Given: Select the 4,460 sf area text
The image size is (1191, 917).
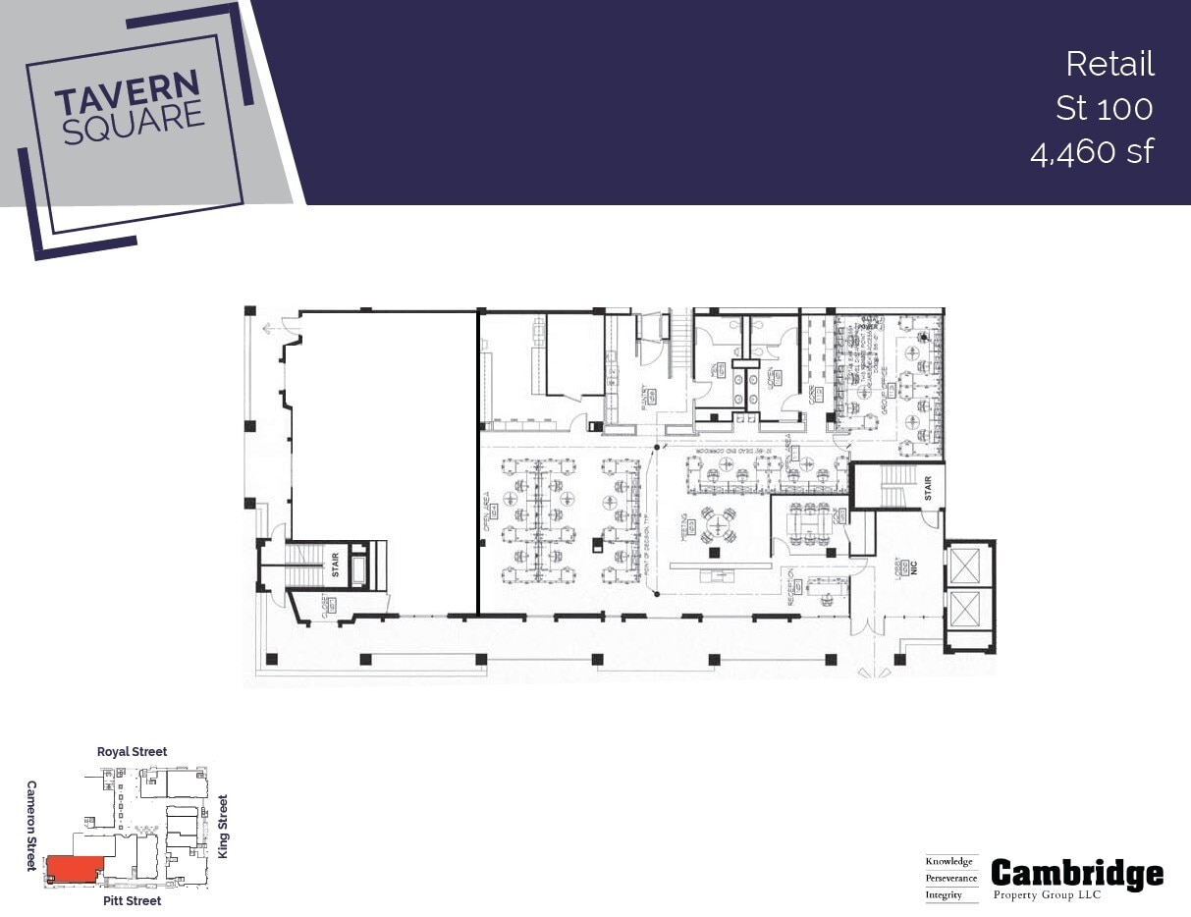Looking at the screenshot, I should [1092, 151].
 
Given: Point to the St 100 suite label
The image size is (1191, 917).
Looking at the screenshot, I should [1104, 107].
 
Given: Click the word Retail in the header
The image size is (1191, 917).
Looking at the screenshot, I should [1110, 64].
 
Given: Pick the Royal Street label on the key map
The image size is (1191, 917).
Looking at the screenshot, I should [132, 751].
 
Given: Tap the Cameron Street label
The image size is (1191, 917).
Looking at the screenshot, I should [31, 826].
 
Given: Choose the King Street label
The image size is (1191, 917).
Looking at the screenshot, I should [223, 827].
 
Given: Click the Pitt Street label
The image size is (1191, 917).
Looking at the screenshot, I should [132, 900].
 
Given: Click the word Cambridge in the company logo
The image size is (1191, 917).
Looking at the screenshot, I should [1077, 873].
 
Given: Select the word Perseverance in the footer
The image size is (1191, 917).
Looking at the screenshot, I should [950, 878].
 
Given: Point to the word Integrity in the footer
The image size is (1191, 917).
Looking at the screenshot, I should [944, 894].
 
